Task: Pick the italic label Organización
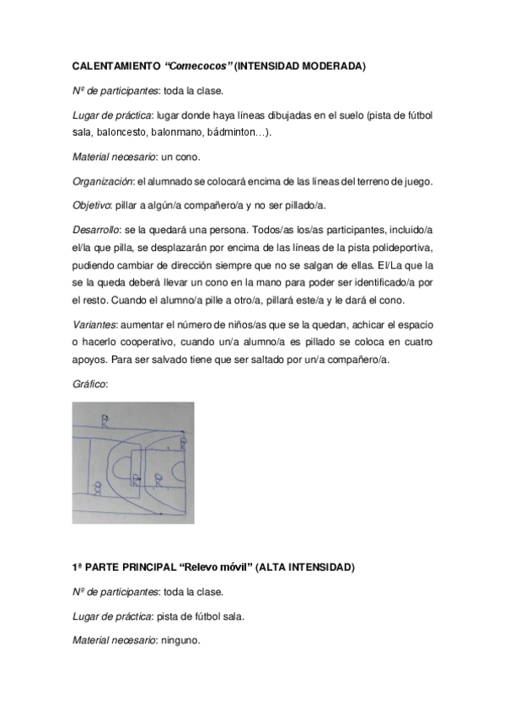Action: [x=103, y=180]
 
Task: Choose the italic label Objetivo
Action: [x=92, y=205]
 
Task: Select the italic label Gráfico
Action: [x=89, y=383]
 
